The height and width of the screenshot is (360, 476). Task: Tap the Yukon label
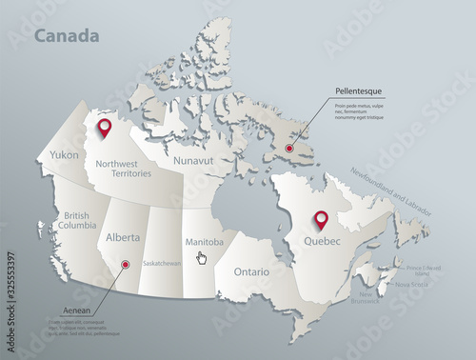64,154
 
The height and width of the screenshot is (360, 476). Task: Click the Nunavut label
192,162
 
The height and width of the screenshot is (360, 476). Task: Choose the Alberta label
124,237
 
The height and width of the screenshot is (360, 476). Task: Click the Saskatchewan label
162,263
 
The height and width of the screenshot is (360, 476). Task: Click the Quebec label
322,241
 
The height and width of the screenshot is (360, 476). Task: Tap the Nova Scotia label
412,284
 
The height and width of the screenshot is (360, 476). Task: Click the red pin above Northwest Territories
106,128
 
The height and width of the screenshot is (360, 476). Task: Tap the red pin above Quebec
321,219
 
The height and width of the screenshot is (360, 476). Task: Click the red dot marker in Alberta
126,266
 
